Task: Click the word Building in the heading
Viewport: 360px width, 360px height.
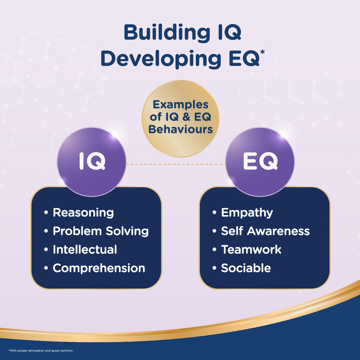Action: (x=167, y=32)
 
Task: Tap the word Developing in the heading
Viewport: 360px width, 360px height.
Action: (x=161, y=59)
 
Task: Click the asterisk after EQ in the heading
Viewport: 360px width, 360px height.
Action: (x=262, y=52)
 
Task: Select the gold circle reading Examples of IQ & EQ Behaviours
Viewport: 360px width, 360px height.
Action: (x=180, y=118)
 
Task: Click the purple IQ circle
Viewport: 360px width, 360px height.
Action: (x=92, y=162)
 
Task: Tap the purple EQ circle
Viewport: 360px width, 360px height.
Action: (x=260, y=162)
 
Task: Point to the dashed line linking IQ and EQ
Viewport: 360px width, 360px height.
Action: (x=176, y=164)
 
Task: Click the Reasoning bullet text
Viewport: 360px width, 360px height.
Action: (x=83, y=212)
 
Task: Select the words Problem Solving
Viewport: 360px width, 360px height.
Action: (x=101, y=231)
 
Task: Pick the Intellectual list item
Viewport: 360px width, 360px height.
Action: (x=85, y=249)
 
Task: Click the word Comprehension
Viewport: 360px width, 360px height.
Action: (x=99, y=268)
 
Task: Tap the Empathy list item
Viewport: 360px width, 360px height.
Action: (x=247, y=212)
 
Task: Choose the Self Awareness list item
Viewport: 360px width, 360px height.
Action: (x=265, y=231)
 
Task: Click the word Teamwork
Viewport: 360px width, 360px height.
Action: (x=251, y=249)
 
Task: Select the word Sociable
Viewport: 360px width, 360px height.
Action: (x=246, y=268)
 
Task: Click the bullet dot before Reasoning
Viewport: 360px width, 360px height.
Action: (x=46, y=212)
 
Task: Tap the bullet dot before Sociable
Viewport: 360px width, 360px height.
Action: (x=215, y=268)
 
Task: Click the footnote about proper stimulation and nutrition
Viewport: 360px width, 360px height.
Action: (x=41, y=351)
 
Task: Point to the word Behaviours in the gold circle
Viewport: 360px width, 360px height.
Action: (x=180, y=130)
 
